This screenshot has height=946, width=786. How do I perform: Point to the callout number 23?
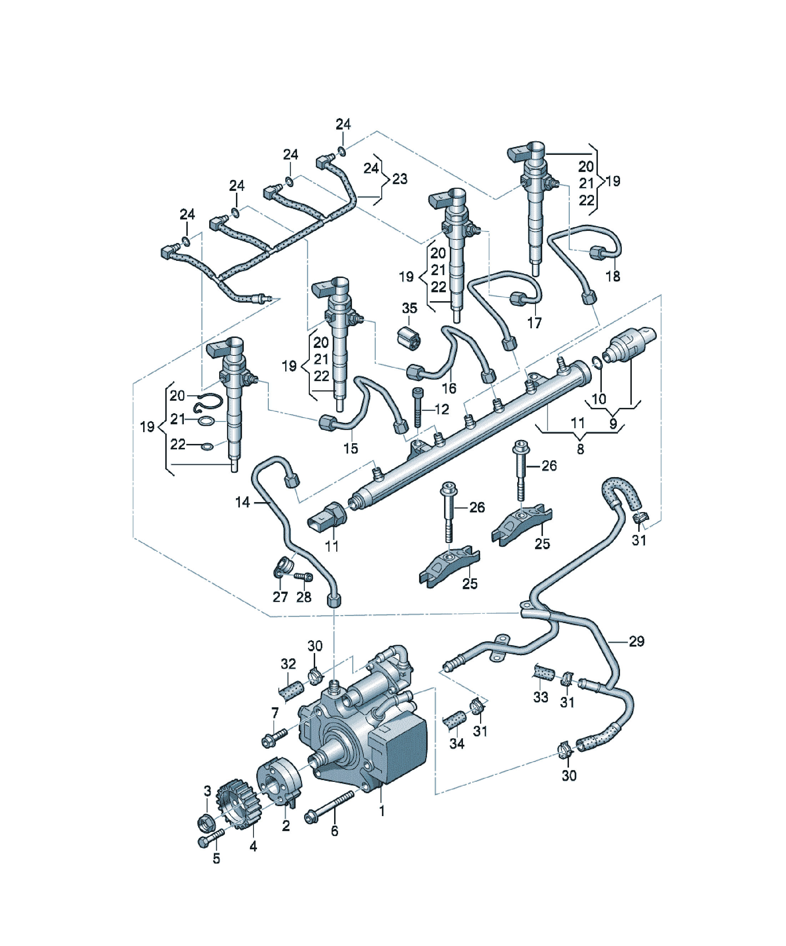point(400,179)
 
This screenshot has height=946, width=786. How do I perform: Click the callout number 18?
point(613,276)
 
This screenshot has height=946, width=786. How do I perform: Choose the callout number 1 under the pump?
point(382,811)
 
